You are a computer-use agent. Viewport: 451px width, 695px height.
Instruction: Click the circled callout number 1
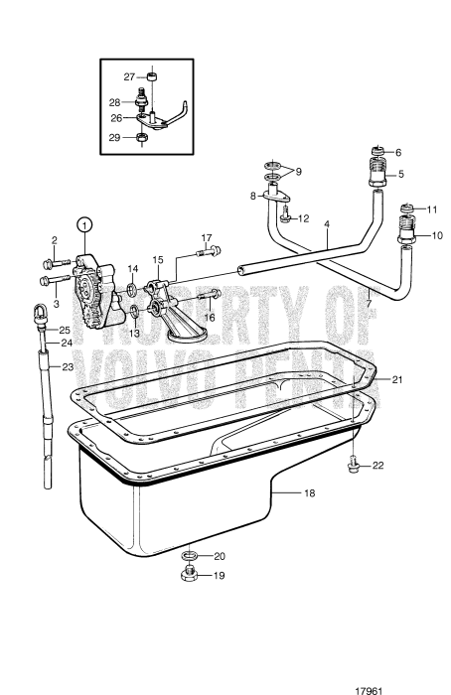tap(84, 224)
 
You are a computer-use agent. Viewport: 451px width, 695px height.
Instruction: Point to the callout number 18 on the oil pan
tap(309, 492)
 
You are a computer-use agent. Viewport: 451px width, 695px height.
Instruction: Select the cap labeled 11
tap(405, 208)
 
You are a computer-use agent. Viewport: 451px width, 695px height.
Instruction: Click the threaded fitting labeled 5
tap(378, 176)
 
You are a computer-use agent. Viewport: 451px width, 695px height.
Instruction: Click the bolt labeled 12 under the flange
tap(284, 217)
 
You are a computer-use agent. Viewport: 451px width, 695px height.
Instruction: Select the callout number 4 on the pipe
tap(326, 225)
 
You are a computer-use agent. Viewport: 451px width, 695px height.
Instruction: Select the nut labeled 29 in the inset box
tap(142, 136)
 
